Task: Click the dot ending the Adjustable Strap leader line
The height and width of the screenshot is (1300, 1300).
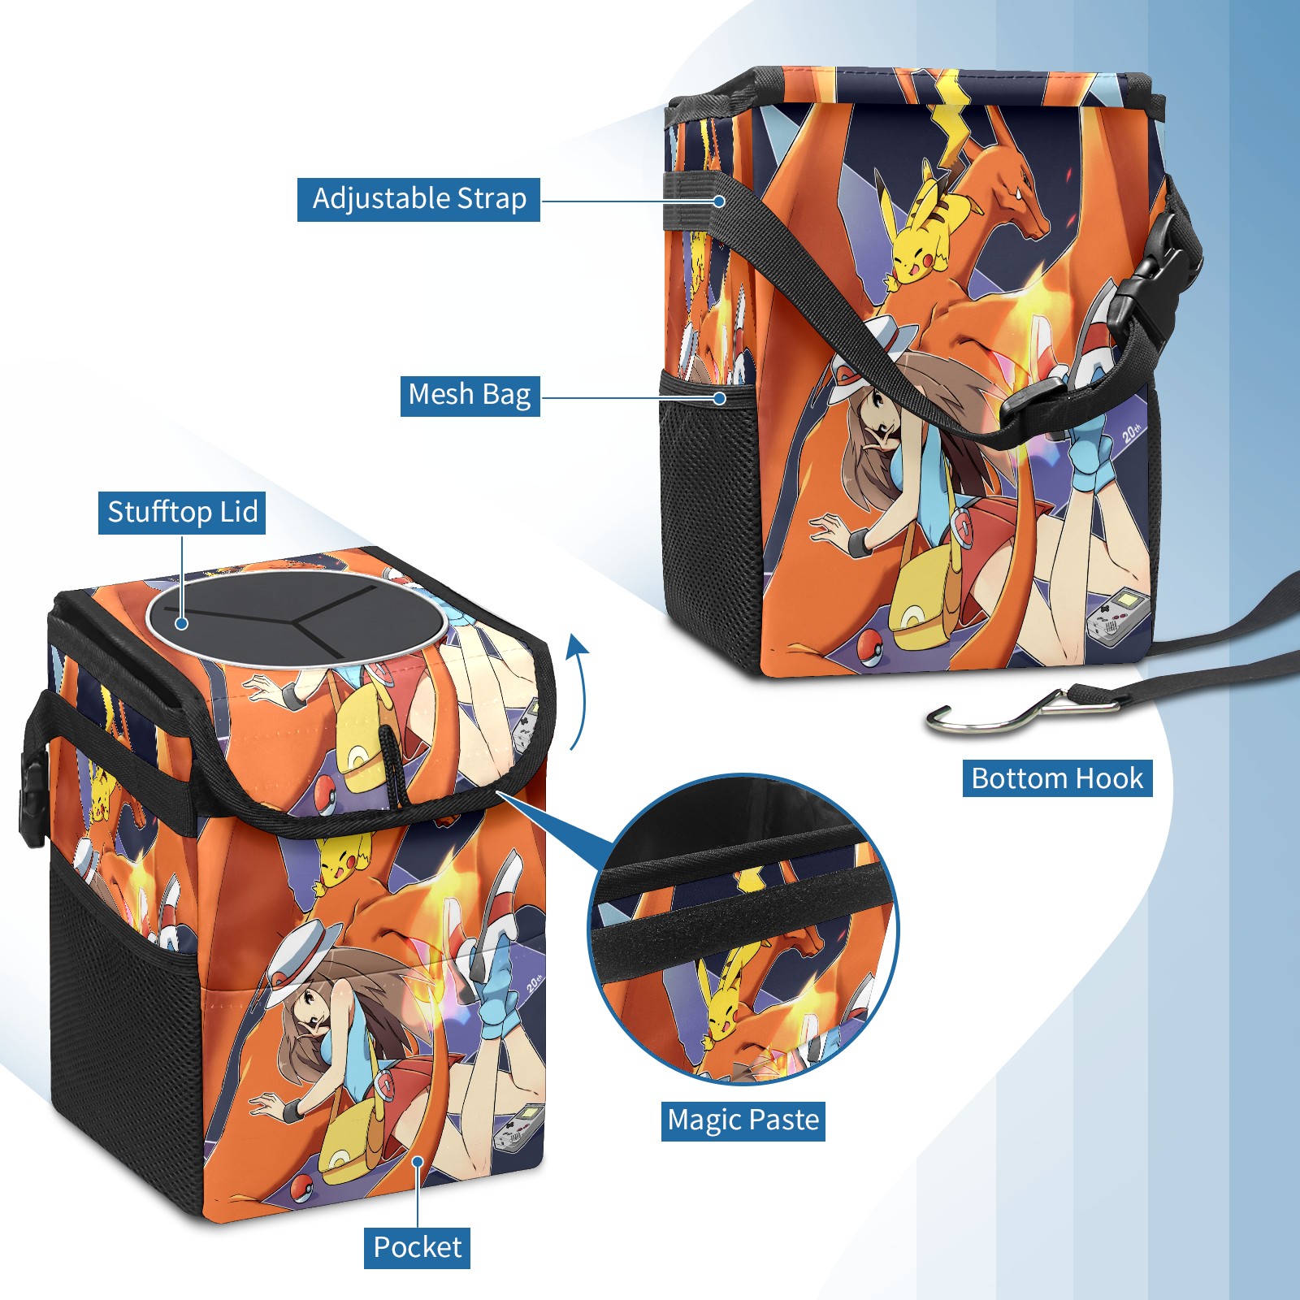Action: [x=719, y=201]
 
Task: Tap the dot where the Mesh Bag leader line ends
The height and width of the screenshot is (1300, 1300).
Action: [x=719, y=397]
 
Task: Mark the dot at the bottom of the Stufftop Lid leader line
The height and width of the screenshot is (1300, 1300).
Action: [x=182, y=623]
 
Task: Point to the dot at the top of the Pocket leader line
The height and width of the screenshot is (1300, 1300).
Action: [x=417, y=1162]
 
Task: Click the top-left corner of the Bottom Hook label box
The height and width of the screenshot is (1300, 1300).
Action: [x=963, y=760]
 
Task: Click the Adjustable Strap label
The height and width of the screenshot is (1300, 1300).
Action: [x=418, y=199]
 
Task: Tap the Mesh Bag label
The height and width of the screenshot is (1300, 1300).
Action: [x=470, y=395]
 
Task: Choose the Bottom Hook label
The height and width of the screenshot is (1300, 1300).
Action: [x=1057, y=778]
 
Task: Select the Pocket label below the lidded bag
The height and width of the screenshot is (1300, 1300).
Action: [x=417, y=1247]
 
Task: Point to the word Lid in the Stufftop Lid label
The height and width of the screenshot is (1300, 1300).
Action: [x=239, y=512]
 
